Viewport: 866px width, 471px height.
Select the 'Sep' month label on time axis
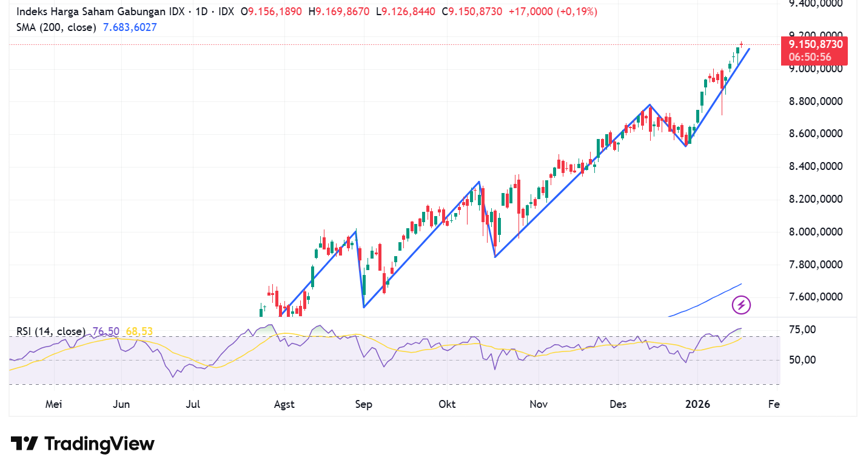[364, 404]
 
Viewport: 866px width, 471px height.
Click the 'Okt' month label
[447, 404]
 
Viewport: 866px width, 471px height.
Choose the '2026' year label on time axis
[697, 404]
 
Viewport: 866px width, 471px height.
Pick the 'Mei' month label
[55, 404]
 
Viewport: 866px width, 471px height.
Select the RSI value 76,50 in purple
[106, 331]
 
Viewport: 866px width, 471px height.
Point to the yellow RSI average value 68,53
[139, 331]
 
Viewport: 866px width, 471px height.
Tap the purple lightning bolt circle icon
[742, 305]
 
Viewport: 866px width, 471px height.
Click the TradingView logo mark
[24, 444]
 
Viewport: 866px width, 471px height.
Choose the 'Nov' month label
[539, 404]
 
